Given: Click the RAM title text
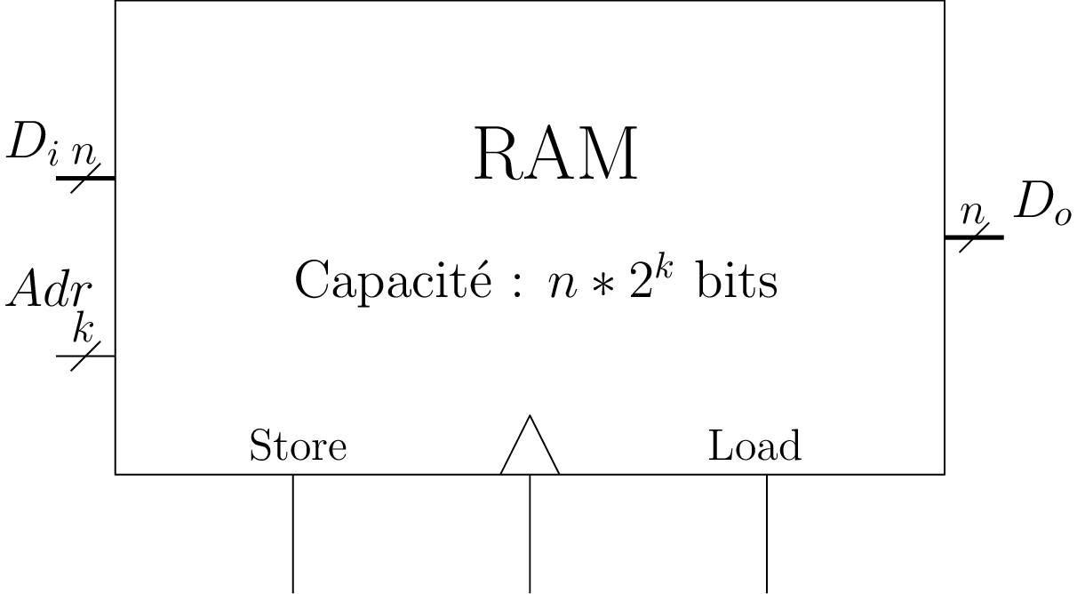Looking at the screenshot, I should coord(556,155).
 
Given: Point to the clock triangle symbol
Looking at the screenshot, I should coord(530,448).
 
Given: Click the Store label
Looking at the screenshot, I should coord(298,445).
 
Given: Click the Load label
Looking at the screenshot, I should coord(754,445).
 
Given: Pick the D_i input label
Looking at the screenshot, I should coord(32,144).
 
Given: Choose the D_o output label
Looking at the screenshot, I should coord(1042,205).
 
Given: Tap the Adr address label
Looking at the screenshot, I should coord(49,292).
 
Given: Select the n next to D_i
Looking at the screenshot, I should coord(84,152).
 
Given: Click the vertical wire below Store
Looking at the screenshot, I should coord(293,534).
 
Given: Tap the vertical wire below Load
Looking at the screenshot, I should coord(767,534).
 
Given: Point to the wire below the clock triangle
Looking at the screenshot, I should coord(531,534).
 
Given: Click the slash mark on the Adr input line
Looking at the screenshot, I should coord(85,356).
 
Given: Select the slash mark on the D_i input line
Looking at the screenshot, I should coord(85,178).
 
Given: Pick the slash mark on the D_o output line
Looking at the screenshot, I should coord(974,237).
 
